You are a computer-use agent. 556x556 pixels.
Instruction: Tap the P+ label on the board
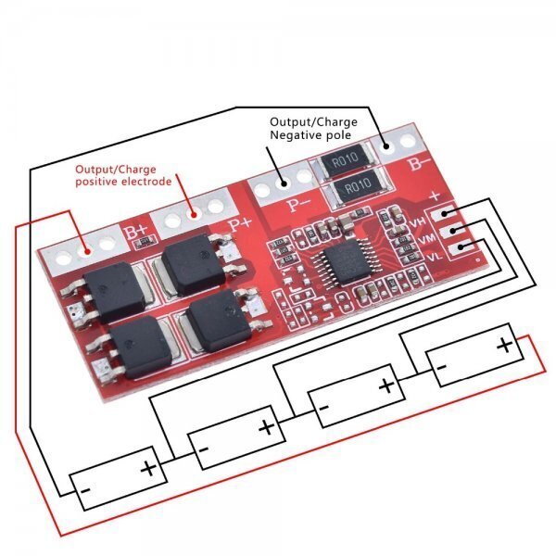pos(241,222)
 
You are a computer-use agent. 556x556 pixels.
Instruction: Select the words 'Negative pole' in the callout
pos(310,135)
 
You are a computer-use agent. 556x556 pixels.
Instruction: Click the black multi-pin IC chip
pos(346,267)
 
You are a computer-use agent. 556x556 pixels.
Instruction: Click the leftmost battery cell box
pos(119,478)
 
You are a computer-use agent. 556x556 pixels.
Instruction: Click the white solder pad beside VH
pos(447,214)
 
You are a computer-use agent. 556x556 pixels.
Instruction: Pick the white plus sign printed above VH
pos(436,196)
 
